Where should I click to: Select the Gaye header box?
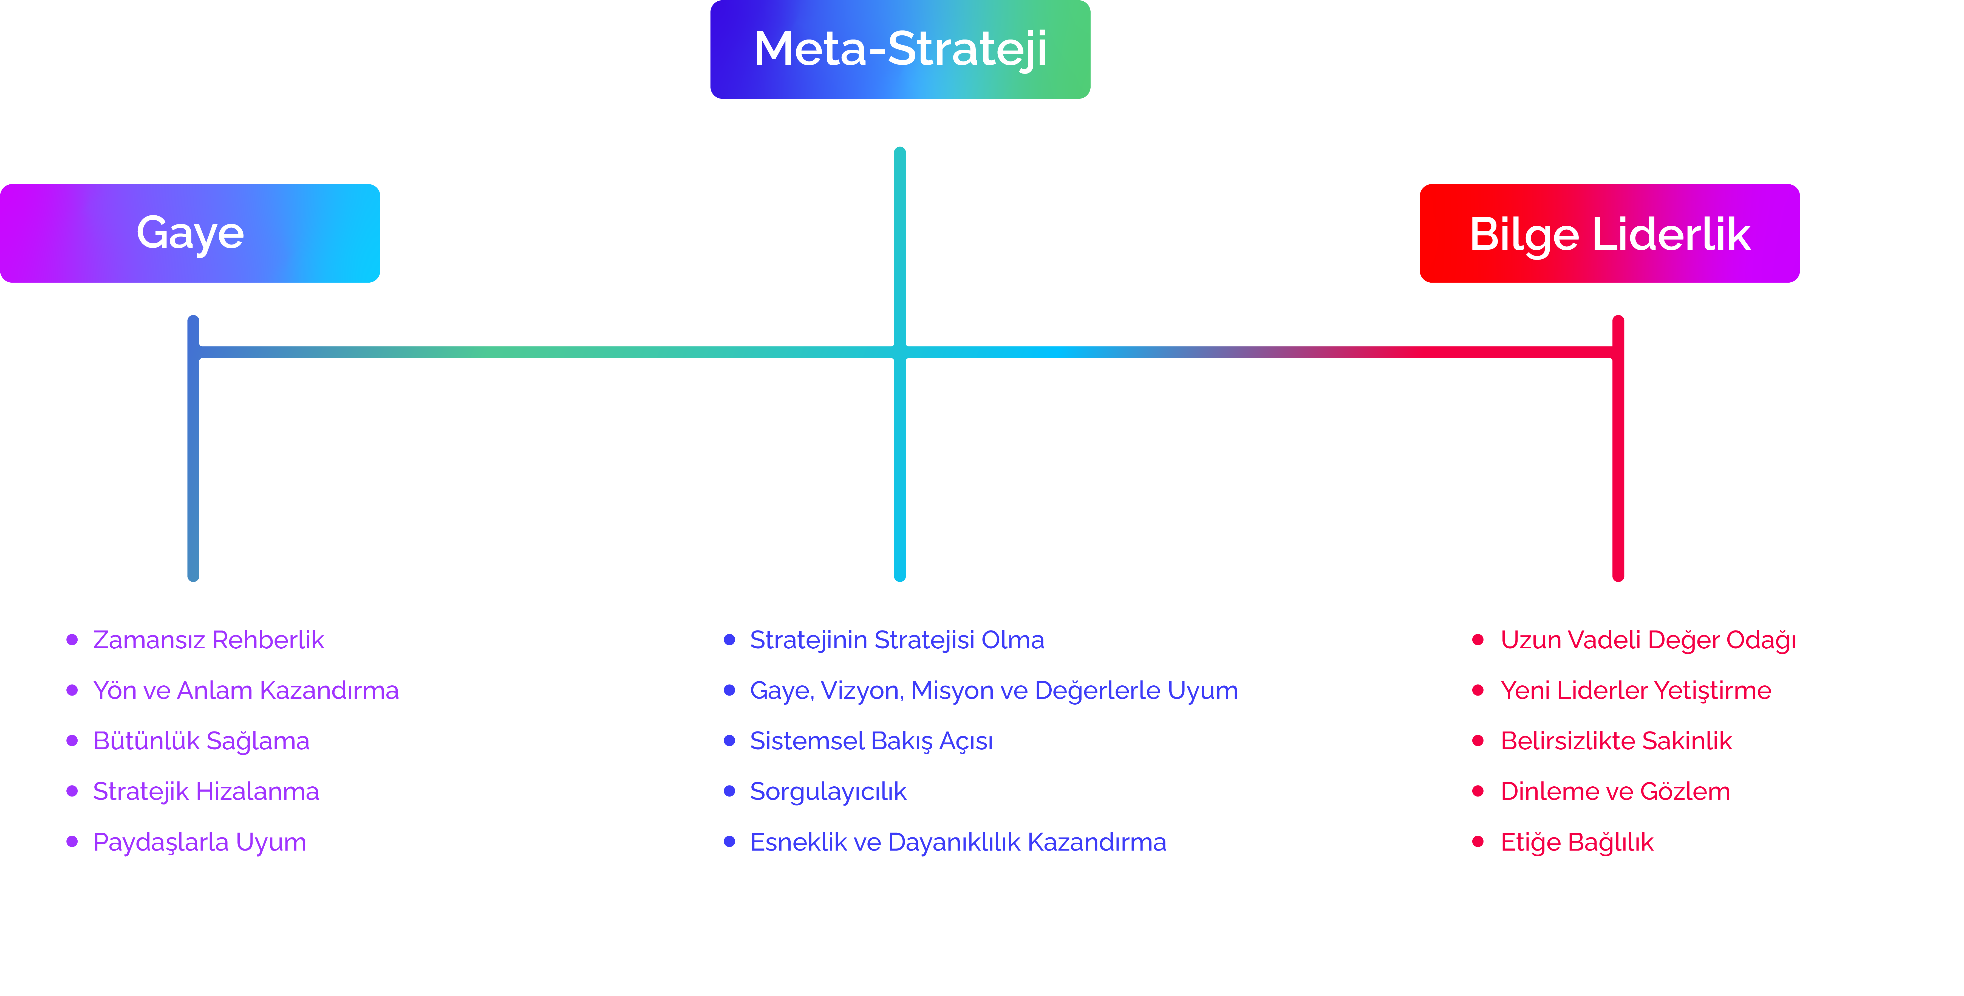[x=190, y=233]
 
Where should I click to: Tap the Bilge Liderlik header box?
[x=1609, y=233]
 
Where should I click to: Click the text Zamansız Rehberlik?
[x=208, y=640]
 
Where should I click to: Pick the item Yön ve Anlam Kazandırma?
[x=245, y=690]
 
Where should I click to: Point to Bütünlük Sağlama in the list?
[x=200, y=741]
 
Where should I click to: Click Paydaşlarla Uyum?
[x=199, y=842]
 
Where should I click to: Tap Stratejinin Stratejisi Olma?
[x=897, y=640]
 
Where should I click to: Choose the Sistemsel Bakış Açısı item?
[x=871, y=741]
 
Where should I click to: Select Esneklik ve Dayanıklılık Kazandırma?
[x=958, y=842]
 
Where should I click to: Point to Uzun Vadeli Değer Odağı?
[x=1648, y=640]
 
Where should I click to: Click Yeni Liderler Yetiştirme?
[x=1635, y=690]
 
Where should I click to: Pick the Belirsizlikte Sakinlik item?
[x=1615, y=741]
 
